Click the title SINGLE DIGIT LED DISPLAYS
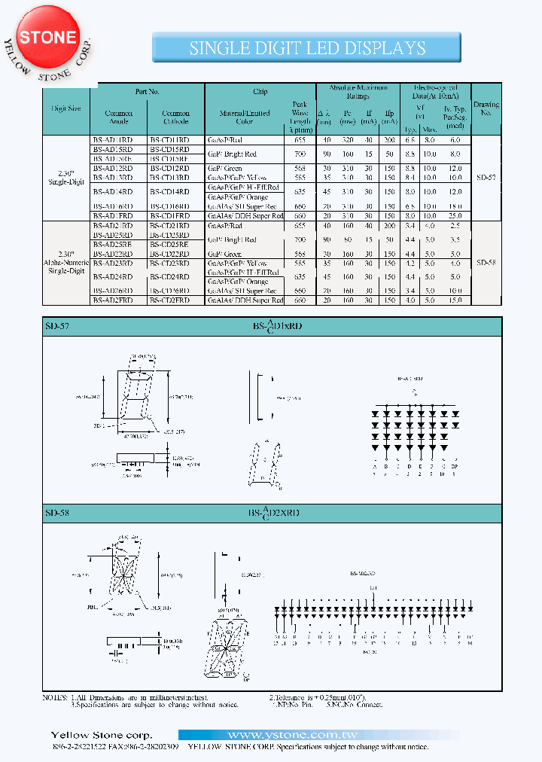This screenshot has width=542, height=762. [307, 49]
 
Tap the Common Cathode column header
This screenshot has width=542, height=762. [176, 117]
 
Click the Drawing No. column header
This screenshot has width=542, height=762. [486, 108]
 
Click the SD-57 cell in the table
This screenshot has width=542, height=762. [486, 178]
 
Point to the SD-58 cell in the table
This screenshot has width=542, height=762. [486, 263]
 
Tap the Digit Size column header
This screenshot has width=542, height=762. [66, 108]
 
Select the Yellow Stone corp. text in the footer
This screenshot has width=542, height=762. [101, 735]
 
